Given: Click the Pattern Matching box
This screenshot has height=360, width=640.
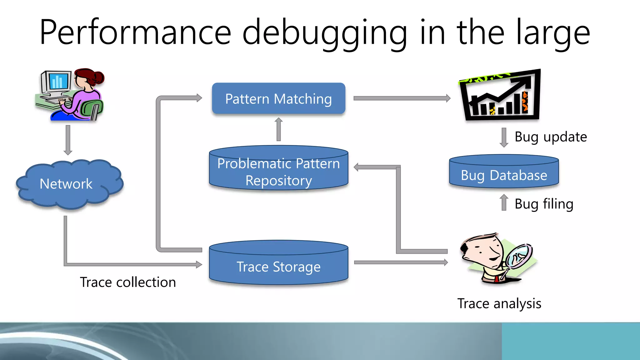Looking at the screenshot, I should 278,98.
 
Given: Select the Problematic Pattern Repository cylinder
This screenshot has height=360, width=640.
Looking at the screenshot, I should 278,172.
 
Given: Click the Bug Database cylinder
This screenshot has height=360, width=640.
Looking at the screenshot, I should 504,174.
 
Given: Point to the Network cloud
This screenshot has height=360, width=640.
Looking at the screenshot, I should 66,184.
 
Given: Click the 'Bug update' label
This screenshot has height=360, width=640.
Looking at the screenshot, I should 551,137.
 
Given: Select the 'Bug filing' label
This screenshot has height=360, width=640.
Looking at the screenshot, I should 544,204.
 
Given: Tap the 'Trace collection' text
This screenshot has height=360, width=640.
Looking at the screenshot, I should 128,282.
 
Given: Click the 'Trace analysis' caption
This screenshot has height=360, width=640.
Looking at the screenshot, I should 499,303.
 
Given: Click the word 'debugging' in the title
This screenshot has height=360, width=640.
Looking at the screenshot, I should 325,33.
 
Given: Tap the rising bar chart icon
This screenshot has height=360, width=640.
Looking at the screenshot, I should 500,95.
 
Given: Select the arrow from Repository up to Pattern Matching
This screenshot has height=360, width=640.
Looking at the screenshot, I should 279,129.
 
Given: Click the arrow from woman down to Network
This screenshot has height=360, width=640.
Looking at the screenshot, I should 68,140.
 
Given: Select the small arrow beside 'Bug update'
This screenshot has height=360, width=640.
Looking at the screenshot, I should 504,137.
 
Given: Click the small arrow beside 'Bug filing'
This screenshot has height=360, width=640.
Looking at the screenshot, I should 504,202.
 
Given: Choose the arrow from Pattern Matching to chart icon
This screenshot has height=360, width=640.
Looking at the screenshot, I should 402,98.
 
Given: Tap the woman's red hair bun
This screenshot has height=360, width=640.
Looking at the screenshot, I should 99,77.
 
